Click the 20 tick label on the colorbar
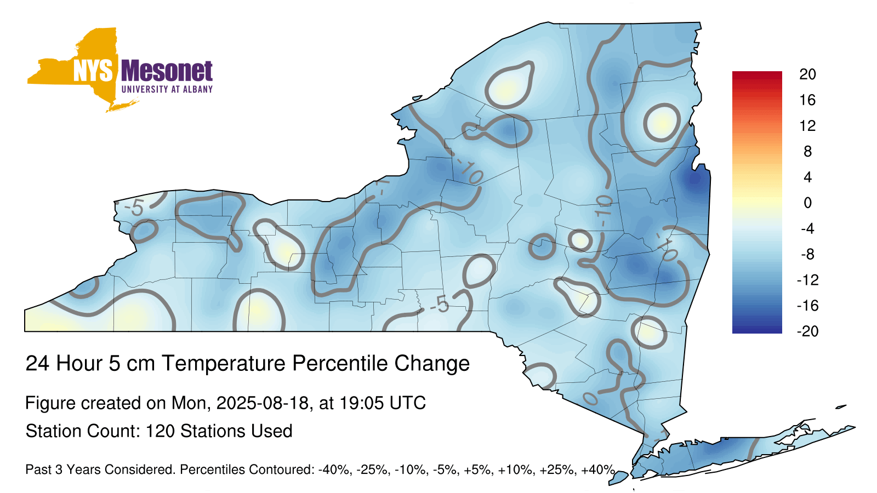pos(807,74)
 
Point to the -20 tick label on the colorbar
pos(807,331)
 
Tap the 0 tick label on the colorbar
pos(807,203)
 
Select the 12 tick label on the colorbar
pos(807,125)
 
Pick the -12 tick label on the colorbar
pos(807,280)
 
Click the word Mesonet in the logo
pos(167,71)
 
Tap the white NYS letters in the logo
pos(93,71)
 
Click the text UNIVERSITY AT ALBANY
pos(167,89)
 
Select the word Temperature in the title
pos(224,364)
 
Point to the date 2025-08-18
pos(262,403)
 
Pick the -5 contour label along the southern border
pos(440,305)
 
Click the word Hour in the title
pos(79,364)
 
